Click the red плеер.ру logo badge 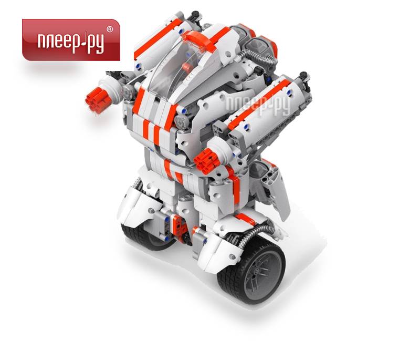(x=71, y=39)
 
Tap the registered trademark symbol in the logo (x=110, y=29)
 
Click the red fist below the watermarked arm (x=207, y=160)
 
